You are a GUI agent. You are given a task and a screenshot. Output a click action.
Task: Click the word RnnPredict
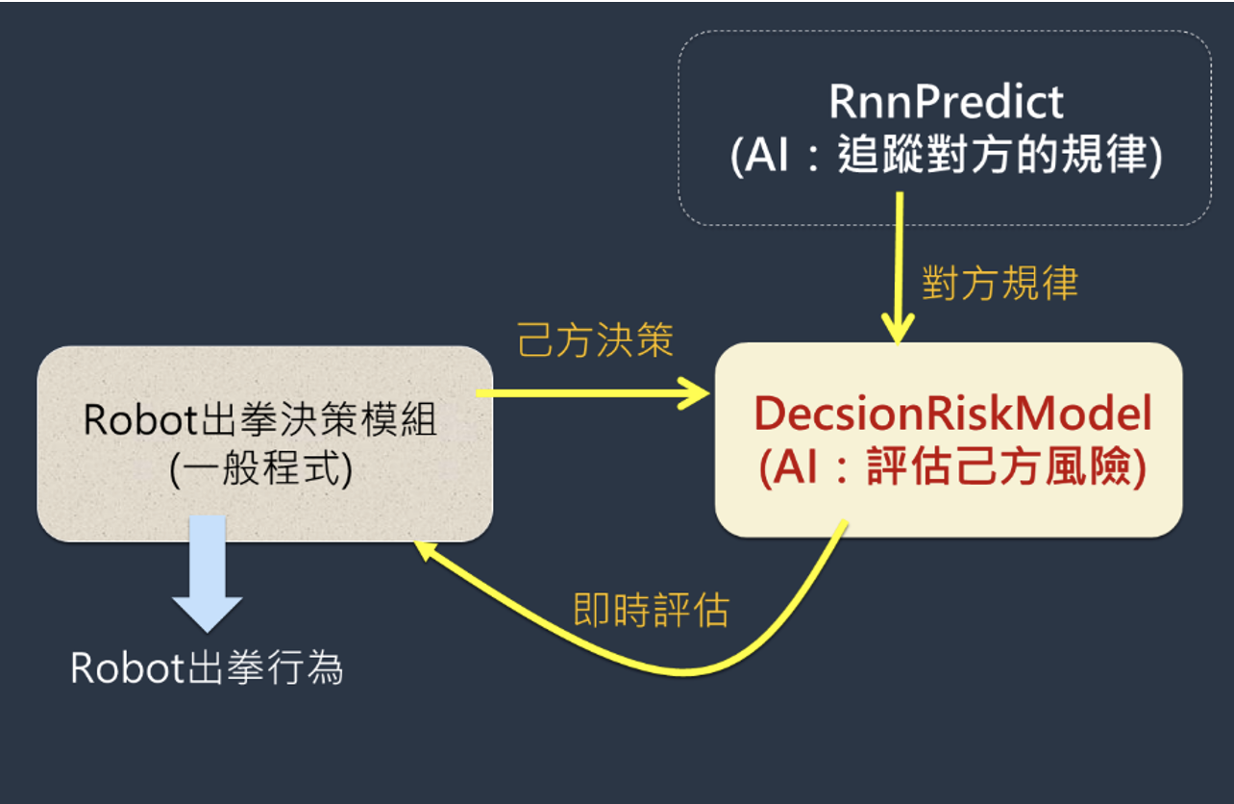(x=946, y=102)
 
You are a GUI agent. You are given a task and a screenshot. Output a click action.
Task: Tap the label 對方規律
(x=1000, y=283)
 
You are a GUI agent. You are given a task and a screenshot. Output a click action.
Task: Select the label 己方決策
(x=596, y=339)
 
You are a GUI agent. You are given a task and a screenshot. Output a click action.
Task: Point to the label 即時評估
(x=652, y=611)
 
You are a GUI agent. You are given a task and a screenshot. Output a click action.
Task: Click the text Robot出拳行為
(x=208, y=667)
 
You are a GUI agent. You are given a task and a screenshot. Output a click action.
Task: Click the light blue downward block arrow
(x=208, y=573)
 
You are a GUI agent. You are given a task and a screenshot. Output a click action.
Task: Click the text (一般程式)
(x=261, y=468)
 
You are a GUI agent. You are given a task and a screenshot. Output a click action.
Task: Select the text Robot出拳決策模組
(x=260, y=419)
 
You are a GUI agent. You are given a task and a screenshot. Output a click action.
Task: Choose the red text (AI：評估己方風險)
(x=952, y=467)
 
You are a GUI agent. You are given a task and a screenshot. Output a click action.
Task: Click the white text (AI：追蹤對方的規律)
(x=946, y=155)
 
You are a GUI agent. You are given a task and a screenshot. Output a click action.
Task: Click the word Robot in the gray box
(x=140, y=420)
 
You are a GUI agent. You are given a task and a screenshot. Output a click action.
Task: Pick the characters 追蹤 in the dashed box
(x=881, y=155)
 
